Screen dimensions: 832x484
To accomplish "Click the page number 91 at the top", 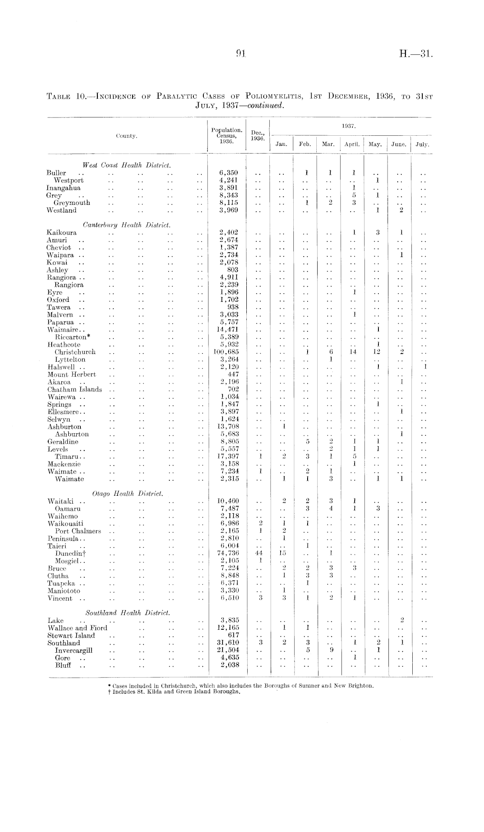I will pos(241,53).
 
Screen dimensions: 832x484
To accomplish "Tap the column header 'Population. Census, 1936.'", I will pos(226,135).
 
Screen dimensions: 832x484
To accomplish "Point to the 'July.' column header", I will pos(422,144).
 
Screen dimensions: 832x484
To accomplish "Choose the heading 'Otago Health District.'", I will pos(128,493).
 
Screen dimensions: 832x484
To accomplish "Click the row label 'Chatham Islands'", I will pos(75,389).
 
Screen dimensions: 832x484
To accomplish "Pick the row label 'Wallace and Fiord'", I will pos(77,628).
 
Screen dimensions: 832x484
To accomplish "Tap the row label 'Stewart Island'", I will pos(71,635).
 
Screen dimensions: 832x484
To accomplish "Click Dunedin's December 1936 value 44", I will pos(259,553).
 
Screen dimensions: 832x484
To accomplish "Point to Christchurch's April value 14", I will pos(354,352).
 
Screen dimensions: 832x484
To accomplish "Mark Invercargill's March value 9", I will pos(331,650).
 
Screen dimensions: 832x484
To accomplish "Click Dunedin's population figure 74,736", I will pos(229,553).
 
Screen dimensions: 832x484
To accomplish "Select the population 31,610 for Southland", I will pos(229,643).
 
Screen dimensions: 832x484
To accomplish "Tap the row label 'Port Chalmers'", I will pos(78,531).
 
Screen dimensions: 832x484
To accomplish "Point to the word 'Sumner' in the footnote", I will pos(311,685).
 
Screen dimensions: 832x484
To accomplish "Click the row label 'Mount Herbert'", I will pos(72,374).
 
